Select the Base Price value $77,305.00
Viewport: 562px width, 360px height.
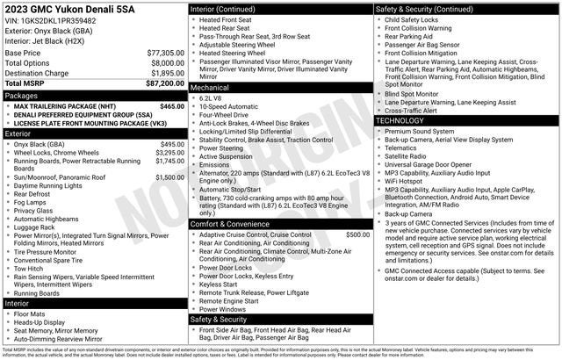[166, 53]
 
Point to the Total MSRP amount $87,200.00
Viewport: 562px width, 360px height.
[166, 83]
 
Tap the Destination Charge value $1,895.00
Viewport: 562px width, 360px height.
[166, 73]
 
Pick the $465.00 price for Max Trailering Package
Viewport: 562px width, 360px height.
[171, 105]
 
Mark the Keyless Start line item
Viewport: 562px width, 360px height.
[219, 284]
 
